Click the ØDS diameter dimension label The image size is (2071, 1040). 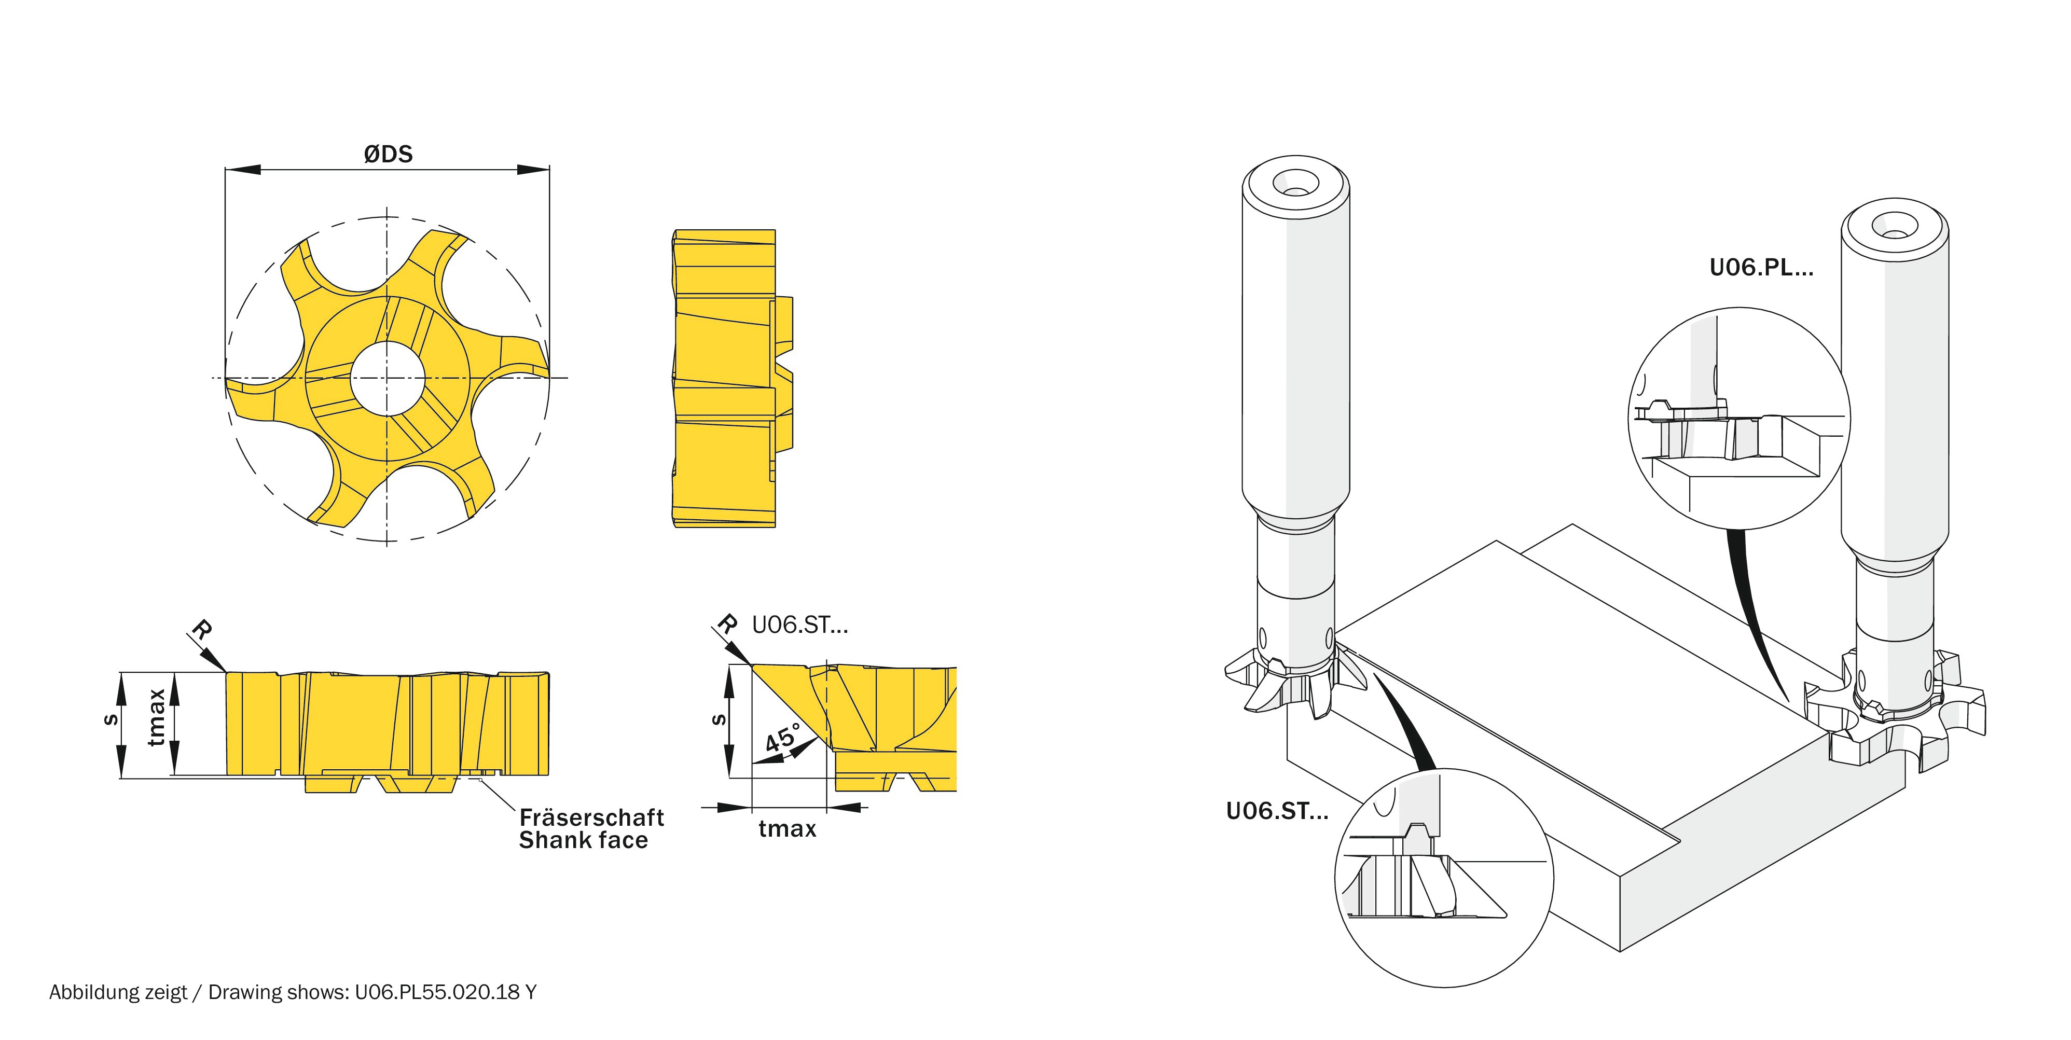coord(388,154)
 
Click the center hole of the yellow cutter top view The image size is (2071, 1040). coord(388,378)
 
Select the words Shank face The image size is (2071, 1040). coord(583,841)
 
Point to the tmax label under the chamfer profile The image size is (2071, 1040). coord(787,828)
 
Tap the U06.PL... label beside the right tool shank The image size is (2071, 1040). coord(1761,268)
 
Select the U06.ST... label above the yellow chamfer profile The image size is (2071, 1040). coord(799,625)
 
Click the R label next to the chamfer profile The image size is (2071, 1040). coord(727,623)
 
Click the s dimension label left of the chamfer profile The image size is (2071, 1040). coord(719,719)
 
